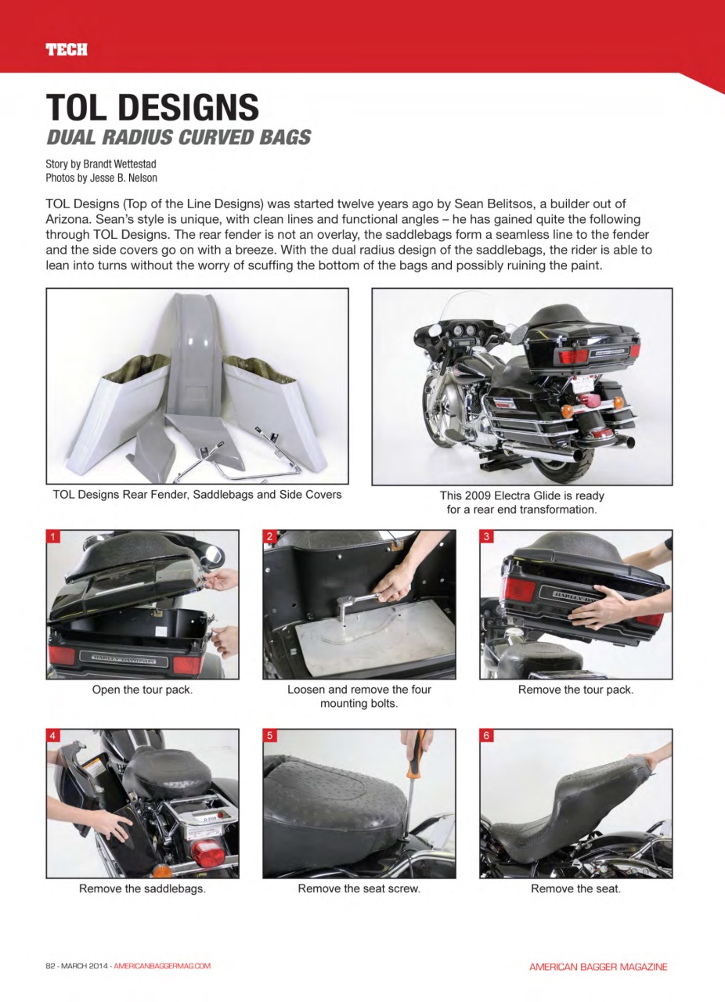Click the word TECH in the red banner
point(66,50)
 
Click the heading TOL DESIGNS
point(152,107)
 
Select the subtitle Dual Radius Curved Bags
point(179,138)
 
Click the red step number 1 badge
point(53,537)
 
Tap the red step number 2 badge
point(269,537)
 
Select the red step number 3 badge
point(486,537)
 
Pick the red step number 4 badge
point(53,736)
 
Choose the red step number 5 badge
point(269,736)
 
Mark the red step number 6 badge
point(486,736)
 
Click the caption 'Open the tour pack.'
point(142,690)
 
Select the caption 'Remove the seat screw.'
point(359,888)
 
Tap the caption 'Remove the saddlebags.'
point(142,888)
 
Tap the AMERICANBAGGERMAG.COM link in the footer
point(162,966)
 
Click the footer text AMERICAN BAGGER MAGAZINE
point(598,967)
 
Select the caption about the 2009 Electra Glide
point(521,502)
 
